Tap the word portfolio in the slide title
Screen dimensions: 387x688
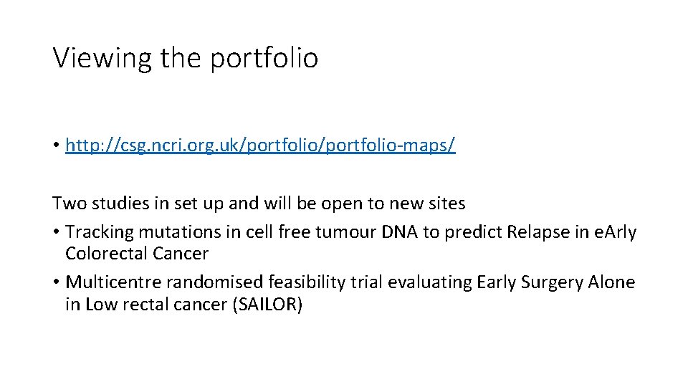(264, 58)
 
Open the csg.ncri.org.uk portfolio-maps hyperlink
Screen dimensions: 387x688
(259, 145)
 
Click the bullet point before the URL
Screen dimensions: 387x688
(56, 146)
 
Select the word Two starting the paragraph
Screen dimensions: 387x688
(69, 204)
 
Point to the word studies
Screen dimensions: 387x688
(117, 204)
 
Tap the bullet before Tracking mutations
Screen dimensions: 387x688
(56, 233)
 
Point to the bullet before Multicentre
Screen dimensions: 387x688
(56, 283)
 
